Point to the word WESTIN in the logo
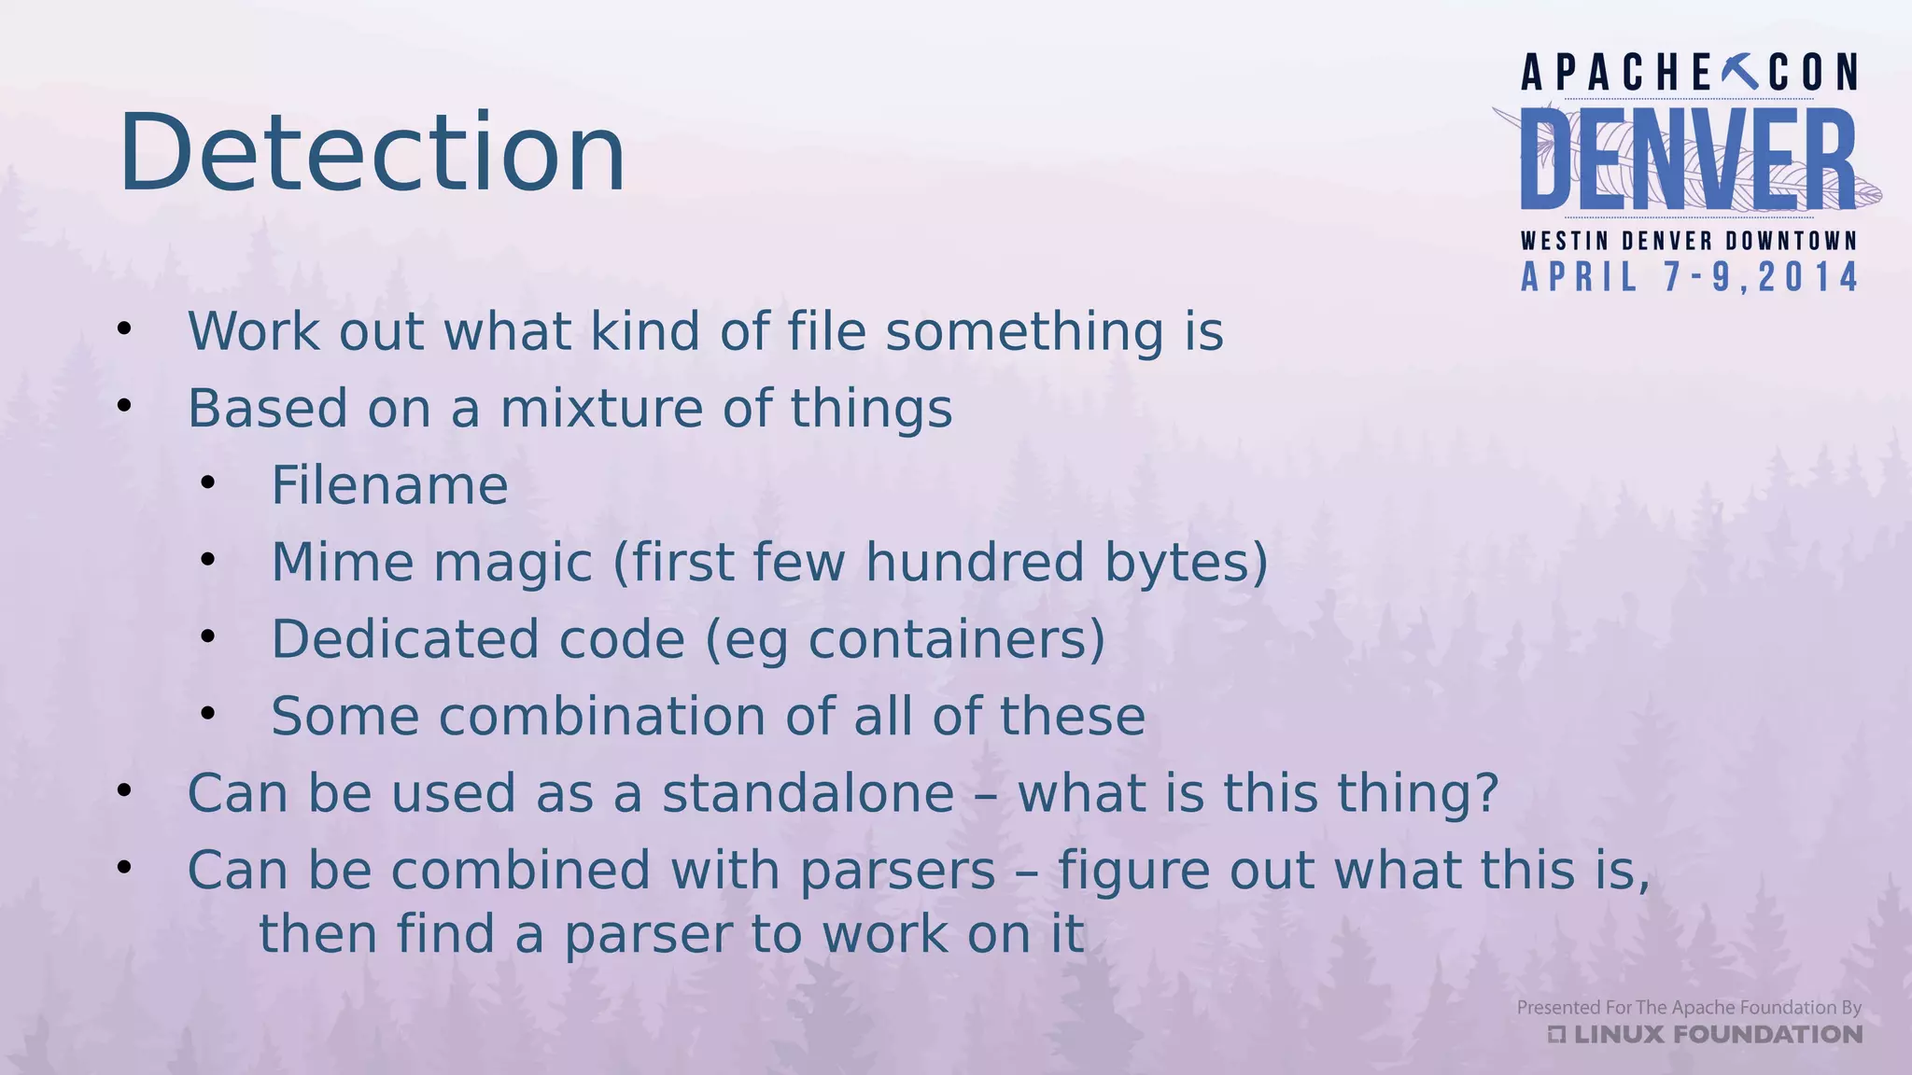coord(1565,241)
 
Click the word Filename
coord(389,485)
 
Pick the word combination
coord(602,717)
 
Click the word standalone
coord(808,793)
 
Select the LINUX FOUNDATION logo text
coord(1707,1034)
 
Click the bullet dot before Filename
coord(208,483)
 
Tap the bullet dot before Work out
coord(124,328)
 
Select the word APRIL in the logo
coord(1580,277)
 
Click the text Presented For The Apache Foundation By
coord(1688,1007)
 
